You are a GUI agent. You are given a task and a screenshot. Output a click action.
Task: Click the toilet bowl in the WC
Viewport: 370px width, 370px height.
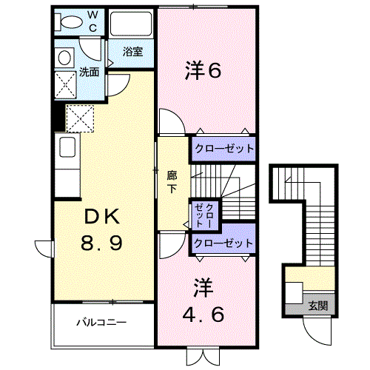(x=72, y=22)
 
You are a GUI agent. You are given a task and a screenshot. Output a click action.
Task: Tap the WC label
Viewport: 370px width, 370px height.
(x=92, y=21)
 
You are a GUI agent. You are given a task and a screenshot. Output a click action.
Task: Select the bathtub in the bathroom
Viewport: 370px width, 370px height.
(x=131, y=24)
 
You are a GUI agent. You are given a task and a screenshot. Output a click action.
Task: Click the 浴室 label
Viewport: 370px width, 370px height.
(x=133, y=52)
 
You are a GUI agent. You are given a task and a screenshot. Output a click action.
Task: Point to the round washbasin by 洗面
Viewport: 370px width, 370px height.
(x=64, y=58)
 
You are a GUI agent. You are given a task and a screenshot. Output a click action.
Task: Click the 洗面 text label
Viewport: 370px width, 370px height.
(x=89, y=72)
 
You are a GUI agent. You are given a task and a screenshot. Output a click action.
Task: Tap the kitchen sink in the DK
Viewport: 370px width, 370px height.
(x=67, y=147)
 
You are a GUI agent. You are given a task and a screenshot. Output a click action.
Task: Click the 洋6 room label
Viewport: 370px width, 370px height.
(x=203, y=70)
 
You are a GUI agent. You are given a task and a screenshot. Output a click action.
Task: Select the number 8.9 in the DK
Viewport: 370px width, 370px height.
(x=101, y=243)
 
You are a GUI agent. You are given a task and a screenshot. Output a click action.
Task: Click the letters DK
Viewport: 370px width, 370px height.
(x=102, y=217)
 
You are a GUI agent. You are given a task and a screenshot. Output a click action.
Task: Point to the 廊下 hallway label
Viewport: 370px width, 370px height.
(x=172, y=182)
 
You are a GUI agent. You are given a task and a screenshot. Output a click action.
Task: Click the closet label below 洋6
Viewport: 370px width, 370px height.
(x=224, y=149)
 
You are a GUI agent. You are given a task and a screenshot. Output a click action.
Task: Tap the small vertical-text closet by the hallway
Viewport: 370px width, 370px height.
(x=204, y=215)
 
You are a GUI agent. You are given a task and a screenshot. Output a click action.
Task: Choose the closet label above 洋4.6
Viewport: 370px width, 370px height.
(x=223, y=243)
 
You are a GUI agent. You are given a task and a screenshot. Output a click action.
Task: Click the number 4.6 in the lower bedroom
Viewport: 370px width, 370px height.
(x=203, y=314)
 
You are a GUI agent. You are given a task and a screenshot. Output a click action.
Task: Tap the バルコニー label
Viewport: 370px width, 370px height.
(x=101, y=322)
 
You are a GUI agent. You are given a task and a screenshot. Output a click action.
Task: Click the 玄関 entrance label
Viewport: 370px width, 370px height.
(x=318, y=306)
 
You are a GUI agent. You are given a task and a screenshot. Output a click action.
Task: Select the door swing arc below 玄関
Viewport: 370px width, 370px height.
(x=313, y=335)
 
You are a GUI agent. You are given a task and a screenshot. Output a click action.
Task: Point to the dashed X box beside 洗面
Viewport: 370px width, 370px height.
(x=65, y=85)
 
